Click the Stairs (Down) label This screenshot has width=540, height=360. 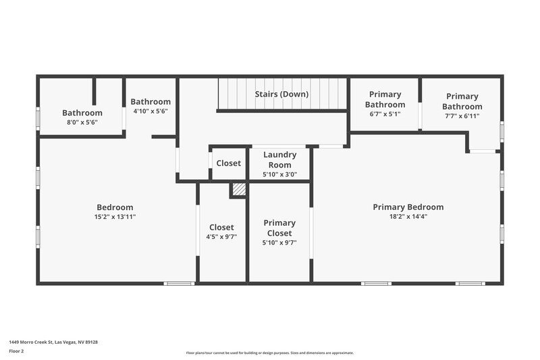[281, 94]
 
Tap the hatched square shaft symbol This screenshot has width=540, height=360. [238, 190]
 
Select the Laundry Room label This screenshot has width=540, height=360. [279, 159]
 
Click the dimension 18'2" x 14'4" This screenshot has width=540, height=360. [408, 217]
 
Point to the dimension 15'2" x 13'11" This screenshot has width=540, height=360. [115, 217]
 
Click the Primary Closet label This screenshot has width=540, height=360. [279, 228]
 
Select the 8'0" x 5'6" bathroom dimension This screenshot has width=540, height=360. [82, 122]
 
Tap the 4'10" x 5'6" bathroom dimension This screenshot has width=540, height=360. [150, 111]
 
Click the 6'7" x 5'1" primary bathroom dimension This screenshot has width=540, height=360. [385, 114]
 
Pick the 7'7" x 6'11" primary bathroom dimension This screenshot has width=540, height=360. [462, 116]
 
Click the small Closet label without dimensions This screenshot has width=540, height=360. [228, 163]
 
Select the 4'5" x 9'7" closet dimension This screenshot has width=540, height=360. [221, 237]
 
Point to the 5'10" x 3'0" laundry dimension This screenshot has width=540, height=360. [279, 175]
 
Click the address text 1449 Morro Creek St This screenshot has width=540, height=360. [53, 342]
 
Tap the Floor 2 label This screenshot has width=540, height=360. [17, 351]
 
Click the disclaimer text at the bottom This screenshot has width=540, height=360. [269, 353]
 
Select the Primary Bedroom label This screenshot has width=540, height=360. [408, 207]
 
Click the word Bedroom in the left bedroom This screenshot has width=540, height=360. [115, 207]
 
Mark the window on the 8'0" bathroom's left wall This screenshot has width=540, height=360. [38, 119]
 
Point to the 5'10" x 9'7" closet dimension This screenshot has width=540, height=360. [279, 242]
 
